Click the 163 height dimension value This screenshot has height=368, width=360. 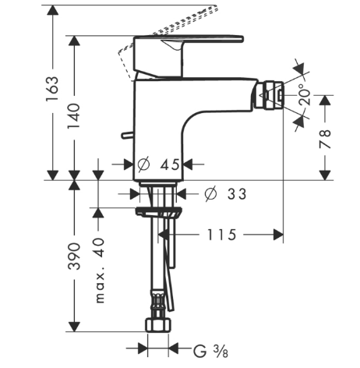point(52,89)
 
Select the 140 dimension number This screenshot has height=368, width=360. point(74,116)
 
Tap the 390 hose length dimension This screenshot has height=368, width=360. point(74,257)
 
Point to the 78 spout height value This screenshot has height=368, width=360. point(325,139)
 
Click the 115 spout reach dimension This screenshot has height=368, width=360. point(221,235)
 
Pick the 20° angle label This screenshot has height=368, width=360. point(305,94)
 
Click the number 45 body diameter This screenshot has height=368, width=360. point(170,165)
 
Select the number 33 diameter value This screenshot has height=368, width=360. point(237,194)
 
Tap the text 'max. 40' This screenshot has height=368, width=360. point(100,271)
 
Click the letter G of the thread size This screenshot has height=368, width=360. point(199,351)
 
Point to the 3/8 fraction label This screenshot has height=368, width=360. point(221,352)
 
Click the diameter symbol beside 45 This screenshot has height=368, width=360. point(143,165)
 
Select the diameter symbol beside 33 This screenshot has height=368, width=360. point(210,194)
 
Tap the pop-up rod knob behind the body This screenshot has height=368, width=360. point(127,135)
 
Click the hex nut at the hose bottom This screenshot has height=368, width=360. point(158,325)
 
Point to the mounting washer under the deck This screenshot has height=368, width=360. point(158,211)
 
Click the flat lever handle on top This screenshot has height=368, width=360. point(189,38)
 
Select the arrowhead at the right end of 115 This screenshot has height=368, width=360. point(278,235)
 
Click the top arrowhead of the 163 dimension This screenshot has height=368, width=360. point(53,10)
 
